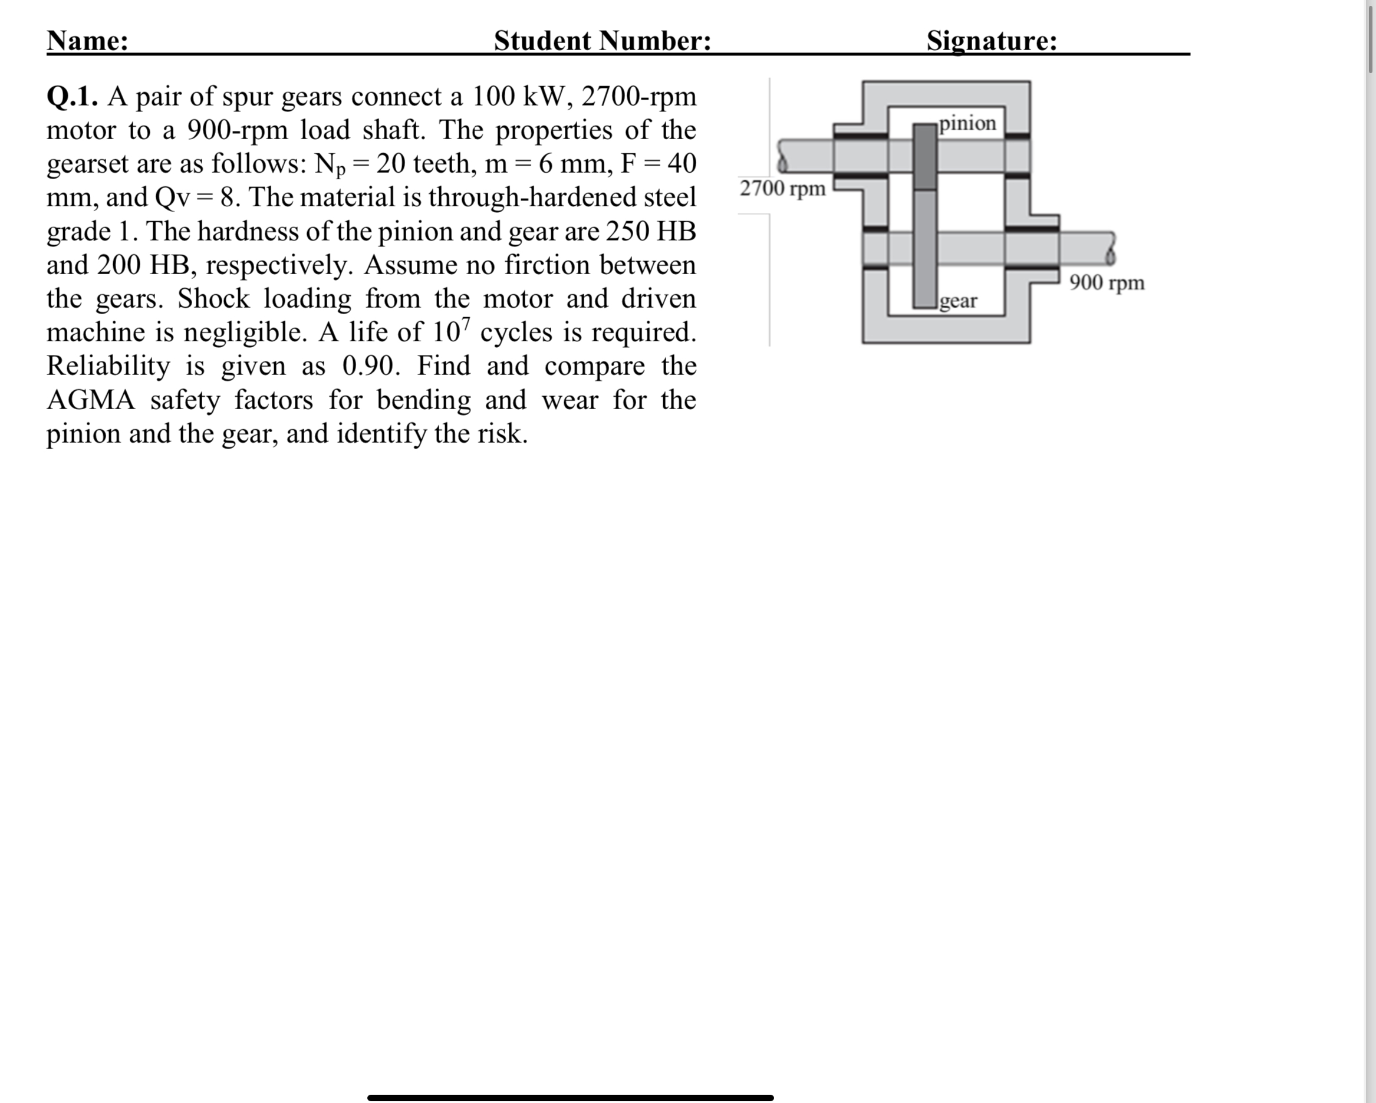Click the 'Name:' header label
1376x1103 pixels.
tap(87, 41)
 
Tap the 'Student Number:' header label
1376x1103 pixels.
tap(602, 41)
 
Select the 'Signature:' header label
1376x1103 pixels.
tap(991, 41)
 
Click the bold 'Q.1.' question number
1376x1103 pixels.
tap(72, 97)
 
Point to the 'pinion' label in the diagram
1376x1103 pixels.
tap(967, 123)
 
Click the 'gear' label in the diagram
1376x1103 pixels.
tap(958, 300)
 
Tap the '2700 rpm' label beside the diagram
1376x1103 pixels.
tap(782, 188)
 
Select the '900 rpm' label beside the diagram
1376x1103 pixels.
tap(1107, 282)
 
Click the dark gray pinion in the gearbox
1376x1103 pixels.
tap(925, 157)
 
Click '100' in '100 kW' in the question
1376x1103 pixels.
tap(493, 97)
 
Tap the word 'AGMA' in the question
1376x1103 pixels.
tap(91, 401)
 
